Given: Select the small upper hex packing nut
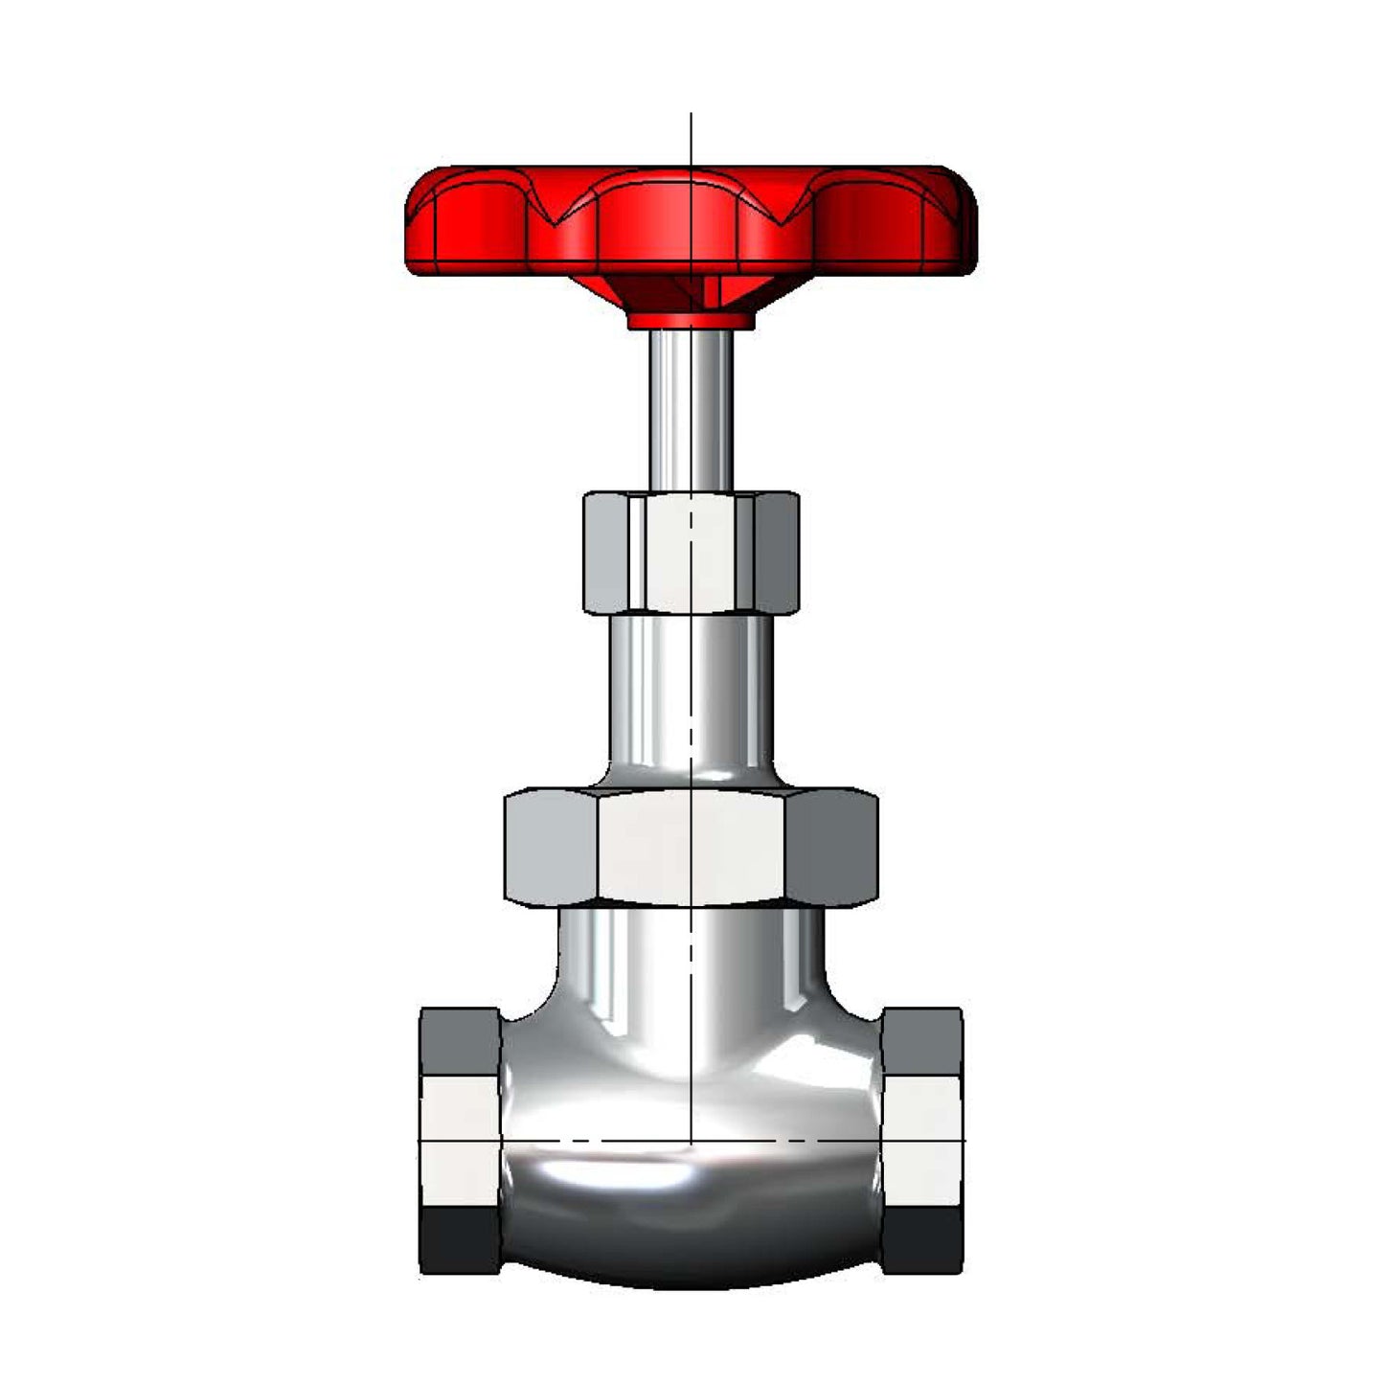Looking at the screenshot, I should (x=691, y=553).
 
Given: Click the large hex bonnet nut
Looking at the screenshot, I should (x=691, y=847).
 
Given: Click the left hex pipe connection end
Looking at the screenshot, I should (x=460, y=1140).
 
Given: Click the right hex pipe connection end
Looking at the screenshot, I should (x=922, y=1140).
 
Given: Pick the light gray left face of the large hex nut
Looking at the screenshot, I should (x=551, y=847).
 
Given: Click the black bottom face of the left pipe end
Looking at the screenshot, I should (x=460, y=1240).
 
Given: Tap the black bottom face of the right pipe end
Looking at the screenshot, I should (x=922, y=1240).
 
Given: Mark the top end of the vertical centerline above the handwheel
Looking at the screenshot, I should (x=691, y=115).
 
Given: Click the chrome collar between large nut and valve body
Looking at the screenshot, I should (x=691, y=948).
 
